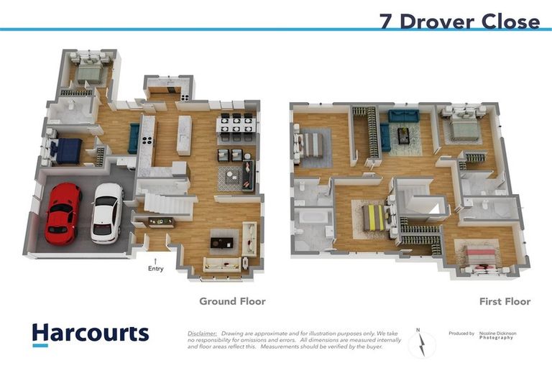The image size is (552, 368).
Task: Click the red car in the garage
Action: click(63, 213)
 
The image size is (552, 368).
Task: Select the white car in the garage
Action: click(107, 213)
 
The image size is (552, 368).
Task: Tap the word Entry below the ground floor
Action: click(156, 269)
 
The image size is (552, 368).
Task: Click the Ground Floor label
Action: click(232, 301)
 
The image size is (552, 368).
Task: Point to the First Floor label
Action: click(505, 301)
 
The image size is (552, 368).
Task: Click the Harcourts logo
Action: click(90, 333)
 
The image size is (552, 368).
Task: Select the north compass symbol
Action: click(422, 344)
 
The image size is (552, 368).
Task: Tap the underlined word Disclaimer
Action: click(202, 333)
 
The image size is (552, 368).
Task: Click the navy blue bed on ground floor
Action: click(67, 150)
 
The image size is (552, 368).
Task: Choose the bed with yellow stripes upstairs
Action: click(373, 216)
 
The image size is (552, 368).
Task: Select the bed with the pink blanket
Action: click(479, 255)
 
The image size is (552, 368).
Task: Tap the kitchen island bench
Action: click(184, 134)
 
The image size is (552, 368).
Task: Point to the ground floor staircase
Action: click(169, 202)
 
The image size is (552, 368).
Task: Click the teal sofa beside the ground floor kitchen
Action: click(134, 138)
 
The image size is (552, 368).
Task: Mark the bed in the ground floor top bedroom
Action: click(90, 72)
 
